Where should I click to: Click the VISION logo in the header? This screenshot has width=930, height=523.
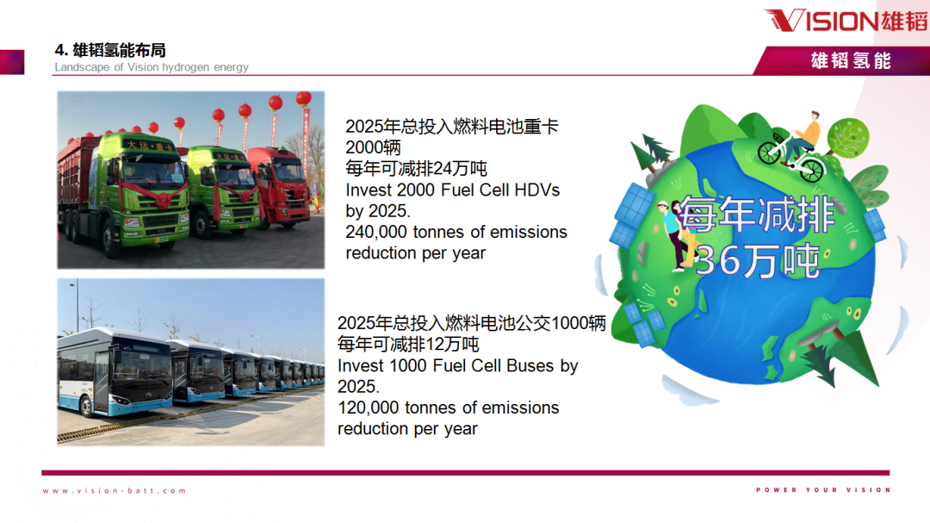[x=846, y=21]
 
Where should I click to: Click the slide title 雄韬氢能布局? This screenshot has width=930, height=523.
[x=119, y=51]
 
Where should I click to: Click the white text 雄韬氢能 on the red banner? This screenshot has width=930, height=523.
[x=851, y=60]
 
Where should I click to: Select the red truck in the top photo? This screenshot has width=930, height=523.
[x=279, y=187]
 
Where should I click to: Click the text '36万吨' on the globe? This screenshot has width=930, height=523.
[x=758, y=260]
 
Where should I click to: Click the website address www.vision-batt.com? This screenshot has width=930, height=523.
[x=115, y=491]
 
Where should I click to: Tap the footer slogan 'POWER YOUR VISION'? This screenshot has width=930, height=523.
[x=823, y=489]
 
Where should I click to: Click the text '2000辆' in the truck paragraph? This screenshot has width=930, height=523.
[x=373, y=148]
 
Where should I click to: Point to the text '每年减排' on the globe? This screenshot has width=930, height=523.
[x=758, y=215]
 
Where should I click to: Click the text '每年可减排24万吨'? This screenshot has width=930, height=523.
[x=417, y=169]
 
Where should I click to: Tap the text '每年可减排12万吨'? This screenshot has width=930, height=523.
[x=408, y=345]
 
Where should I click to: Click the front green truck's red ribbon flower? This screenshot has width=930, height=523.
[x=161, y=198]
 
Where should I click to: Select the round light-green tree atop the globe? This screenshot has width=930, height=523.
[x=848, y=138]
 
